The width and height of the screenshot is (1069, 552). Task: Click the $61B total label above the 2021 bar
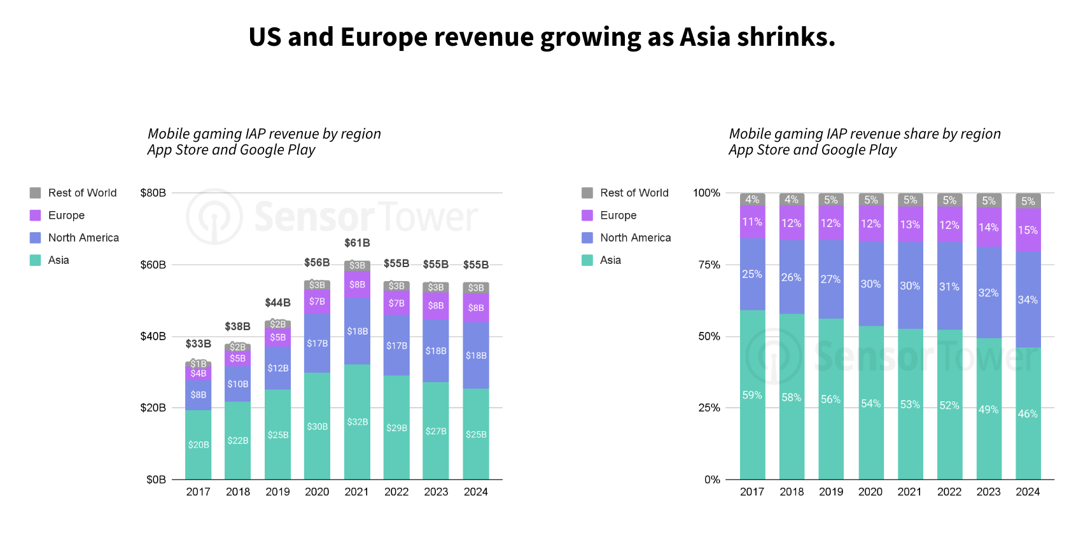[x=357, y=243]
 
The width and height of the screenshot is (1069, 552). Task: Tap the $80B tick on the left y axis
[x=153, y=193]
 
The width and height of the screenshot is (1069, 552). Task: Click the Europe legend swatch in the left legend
[x=35, y=216]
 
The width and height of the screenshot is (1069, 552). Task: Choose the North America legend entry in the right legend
[x=635, y=238]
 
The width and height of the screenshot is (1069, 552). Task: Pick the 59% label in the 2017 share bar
[x=752, y=395]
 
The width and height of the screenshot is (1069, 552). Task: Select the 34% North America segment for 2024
[x=1028, y=300]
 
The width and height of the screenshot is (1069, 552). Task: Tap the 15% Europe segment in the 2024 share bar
[x=1028, y=230]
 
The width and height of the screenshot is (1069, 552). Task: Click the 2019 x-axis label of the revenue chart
[x=277, y=492]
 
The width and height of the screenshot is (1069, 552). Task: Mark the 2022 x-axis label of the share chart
[x=949, y=492]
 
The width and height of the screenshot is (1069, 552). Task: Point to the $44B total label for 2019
[x=277, y=303]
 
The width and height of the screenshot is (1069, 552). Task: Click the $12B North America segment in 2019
[x=277, y=368]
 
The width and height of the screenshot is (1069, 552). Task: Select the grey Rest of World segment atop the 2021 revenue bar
[x=357, y=265]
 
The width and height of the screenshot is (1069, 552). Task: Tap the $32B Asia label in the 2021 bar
[x=357, y=422]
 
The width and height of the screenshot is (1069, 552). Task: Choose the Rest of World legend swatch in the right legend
[x=587, y=193]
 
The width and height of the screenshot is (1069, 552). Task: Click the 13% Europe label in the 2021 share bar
[x=910, y=224]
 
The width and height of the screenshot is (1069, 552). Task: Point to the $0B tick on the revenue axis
[x=156, y=480]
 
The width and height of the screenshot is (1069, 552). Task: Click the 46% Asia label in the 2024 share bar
[x=1028, y=413]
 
